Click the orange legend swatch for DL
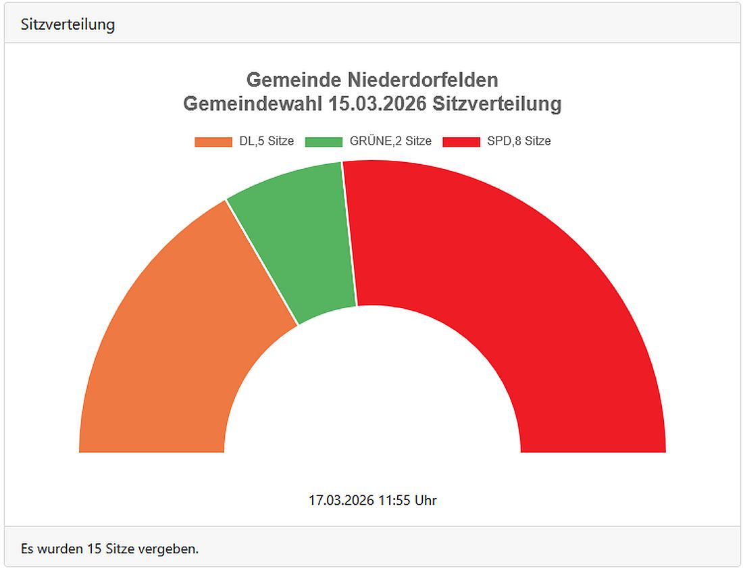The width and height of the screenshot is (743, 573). pos(213,142)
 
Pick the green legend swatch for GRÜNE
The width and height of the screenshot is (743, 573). pos(323,142)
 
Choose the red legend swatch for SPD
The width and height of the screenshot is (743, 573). pos(461,142)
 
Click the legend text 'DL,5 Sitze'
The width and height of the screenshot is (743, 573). pos(266,142)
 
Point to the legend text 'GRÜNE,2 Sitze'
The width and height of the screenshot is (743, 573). pos(390,142)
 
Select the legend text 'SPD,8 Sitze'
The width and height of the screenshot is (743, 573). pos(519,142)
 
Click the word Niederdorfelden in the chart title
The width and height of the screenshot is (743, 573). pos(423,80)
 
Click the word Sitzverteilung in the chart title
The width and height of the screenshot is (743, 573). pos(497,104)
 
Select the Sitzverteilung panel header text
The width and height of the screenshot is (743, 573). pos(68,24)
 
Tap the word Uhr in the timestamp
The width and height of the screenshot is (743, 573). pos(426,501)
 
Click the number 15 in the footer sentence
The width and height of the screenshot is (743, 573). pos(94,549)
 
